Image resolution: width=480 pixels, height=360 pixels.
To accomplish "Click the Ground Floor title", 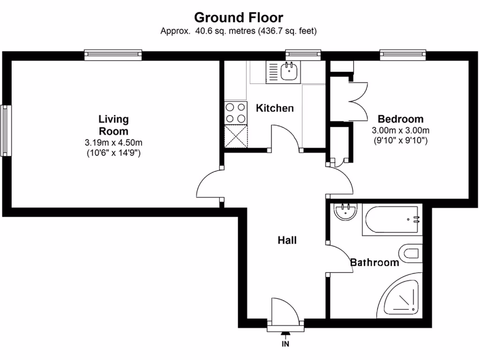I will pyautogui.click(x=239, y=18).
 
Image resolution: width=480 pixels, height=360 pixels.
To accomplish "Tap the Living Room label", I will pyautogui.click(x=113, y=125).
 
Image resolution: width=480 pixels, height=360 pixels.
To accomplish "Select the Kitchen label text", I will pyautogui.click(x=275, y=108).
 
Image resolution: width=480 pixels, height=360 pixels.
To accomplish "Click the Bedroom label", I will pyautogui.click(x=400, y=119).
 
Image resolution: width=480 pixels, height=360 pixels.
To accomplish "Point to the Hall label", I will pyautogui.click(x=287, y=240).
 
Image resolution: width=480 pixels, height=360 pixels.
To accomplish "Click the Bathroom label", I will pyautogui.click(x=375, y=262).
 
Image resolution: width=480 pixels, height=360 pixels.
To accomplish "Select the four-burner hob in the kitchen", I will pyautogui.click(x=236, y=112).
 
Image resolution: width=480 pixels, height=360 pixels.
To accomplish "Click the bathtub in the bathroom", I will pyautogui.click(x=391, y=220).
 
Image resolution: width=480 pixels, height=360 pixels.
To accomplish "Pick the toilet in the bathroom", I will pyautogui.click(x=409, y=254).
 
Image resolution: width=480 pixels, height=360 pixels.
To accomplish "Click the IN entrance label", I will pyautogui.click(x=285, y=345).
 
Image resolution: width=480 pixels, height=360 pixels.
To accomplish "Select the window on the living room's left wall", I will pyautogui.click(x=5, y=130).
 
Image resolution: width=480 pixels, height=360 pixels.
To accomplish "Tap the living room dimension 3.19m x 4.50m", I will pyautogui.click(x=113, y=142).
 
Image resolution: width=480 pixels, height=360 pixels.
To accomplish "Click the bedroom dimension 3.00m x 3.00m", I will pyautogui.click(x=400, y=130).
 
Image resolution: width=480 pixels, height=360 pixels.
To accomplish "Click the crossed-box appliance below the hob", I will pyautogui.click(x=236, y=136).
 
